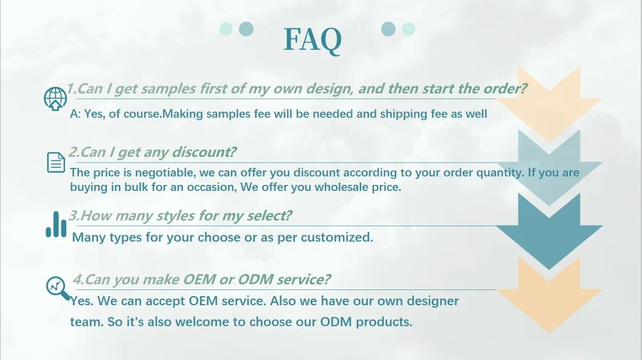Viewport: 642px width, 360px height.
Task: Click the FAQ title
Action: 312,40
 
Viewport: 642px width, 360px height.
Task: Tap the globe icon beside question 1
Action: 55,99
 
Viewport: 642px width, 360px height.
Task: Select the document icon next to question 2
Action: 56,162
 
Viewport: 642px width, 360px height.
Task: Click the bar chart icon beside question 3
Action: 56,224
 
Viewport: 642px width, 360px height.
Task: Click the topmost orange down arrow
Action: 549,104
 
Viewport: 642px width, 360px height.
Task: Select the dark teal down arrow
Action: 549,231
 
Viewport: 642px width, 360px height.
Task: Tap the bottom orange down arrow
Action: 549,295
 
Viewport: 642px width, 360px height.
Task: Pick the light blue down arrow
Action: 549,167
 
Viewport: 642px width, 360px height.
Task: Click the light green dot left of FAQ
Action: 226,29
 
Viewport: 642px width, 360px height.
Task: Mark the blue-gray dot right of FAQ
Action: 388,29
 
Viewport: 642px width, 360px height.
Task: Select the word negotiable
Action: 165,173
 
